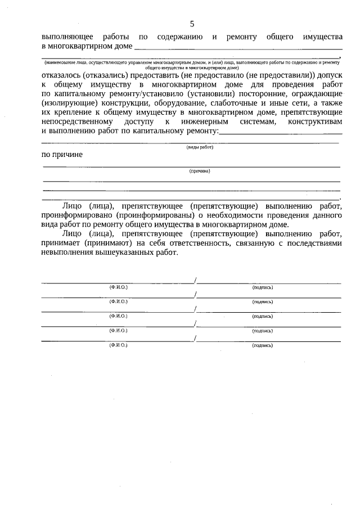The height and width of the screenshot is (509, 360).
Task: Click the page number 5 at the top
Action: click(192, 24)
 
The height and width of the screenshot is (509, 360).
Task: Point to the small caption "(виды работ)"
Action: click(200, 147)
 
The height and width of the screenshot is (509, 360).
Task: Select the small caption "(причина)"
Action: click(200, 171)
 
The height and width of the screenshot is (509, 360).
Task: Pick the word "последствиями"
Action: click(312, 244)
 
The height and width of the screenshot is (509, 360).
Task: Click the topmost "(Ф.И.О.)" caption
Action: click(119, 287)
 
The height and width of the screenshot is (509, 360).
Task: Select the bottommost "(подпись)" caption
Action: click(263, 345)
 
